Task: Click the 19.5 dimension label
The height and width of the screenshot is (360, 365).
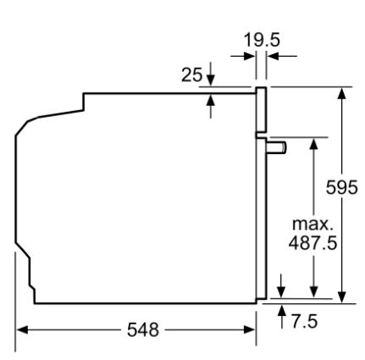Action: click(262, 40)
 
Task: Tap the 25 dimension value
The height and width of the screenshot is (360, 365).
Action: click(192, 75)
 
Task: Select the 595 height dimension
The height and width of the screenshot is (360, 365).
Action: click(341, 187)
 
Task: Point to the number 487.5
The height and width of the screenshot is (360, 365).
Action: click(312, 242)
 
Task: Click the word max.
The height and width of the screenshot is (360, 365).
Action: click(312, 224)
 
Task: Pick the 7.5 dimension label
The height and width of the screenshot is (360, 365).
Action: click(305, 322)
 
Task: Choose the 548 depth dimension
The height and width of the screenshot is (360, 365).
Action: click(143, 330)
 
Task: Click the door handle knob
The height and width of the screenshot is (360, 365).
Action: click(276, 148)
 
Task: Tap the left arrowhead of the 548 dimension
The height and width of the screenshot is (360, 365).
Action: click(22, 330)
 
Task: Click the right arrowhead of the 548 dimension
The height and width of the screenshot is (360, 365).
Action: click(250, 330)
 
